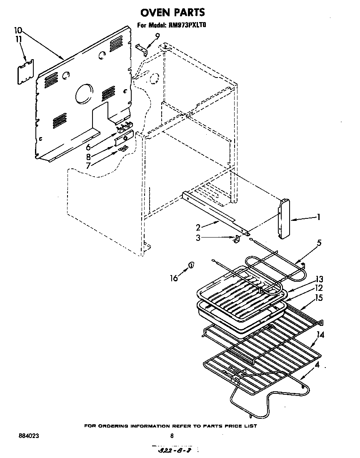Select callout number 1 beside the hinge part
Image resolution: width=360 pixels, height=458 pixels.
[319, 217]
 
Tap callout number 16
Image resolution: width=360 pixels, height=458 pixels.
[174, 278]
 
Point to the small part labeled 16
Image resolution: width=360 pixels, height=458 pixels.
[191, 265]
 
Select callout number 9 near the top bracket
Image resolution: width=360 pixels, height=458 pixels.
[157, 36]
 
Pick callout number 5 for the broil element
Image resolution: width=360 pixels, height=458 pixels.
[318, 243]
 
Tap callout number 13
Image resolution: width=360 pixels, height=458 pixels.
[319, 279]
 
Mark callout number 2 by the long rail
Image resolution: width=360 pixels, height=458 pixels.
[198, 227]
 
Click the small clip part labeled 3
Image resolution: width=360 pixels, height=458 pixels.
[236, 239]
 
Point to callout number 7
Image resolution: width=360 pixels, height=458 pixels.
[88, 165]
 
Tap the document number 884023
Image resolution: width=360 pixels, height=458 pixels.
[28, 435]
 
